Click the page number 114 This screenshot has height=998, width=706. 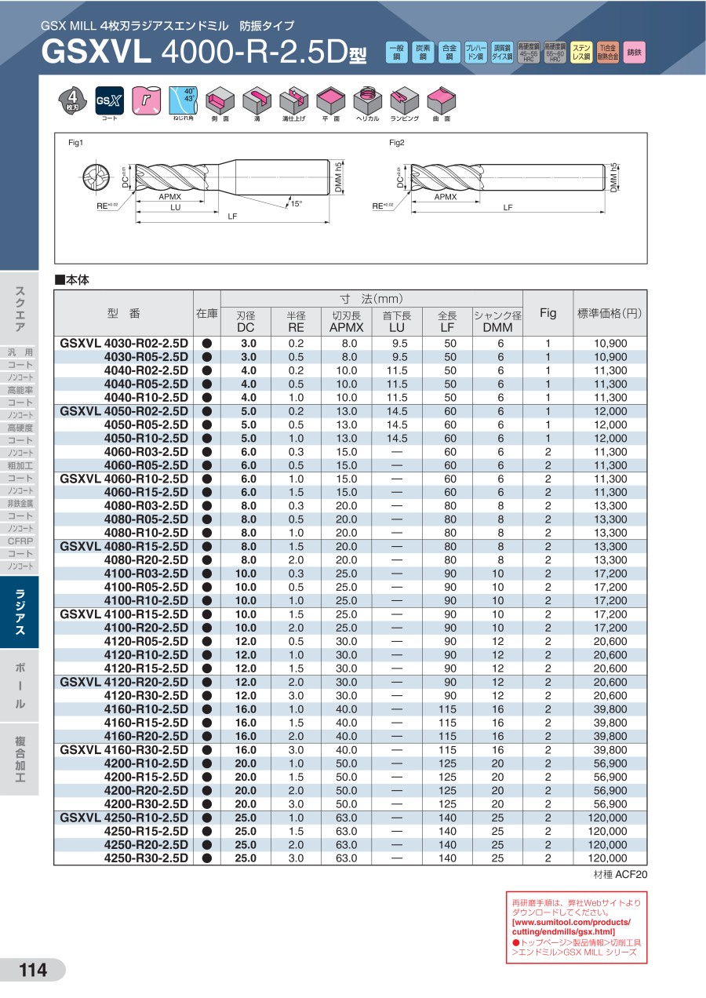[x=33, y=971]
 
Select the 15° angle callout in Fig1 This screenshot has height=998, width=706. [x=296, y=204]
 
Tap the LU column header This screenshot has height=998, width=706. [x=396, y=322]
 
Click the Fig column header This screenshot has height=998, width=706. [x=548, y=313]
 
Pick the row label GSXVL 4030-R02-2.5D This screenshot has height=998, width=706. [x=125, y=344]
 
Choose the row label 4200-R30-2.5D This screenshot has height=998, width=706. [x=147, y=803]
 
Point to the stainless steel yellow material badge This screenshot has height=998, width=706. [x=581, y=53]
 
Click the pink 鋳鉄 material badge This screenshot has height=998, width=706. [x=635, y=53]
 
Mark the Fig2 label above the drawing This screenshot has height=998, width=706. [x=397, y=143]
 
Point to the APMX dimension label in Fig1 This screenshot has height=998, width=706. [x=170, y=197]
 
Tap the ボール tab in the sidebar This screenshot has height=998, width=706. [x=20, y=686]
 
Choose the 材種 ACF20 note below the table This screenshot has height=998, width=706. [x=617, y=874]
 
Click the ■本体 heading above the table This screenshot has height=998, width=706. [x=73, y=279]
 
